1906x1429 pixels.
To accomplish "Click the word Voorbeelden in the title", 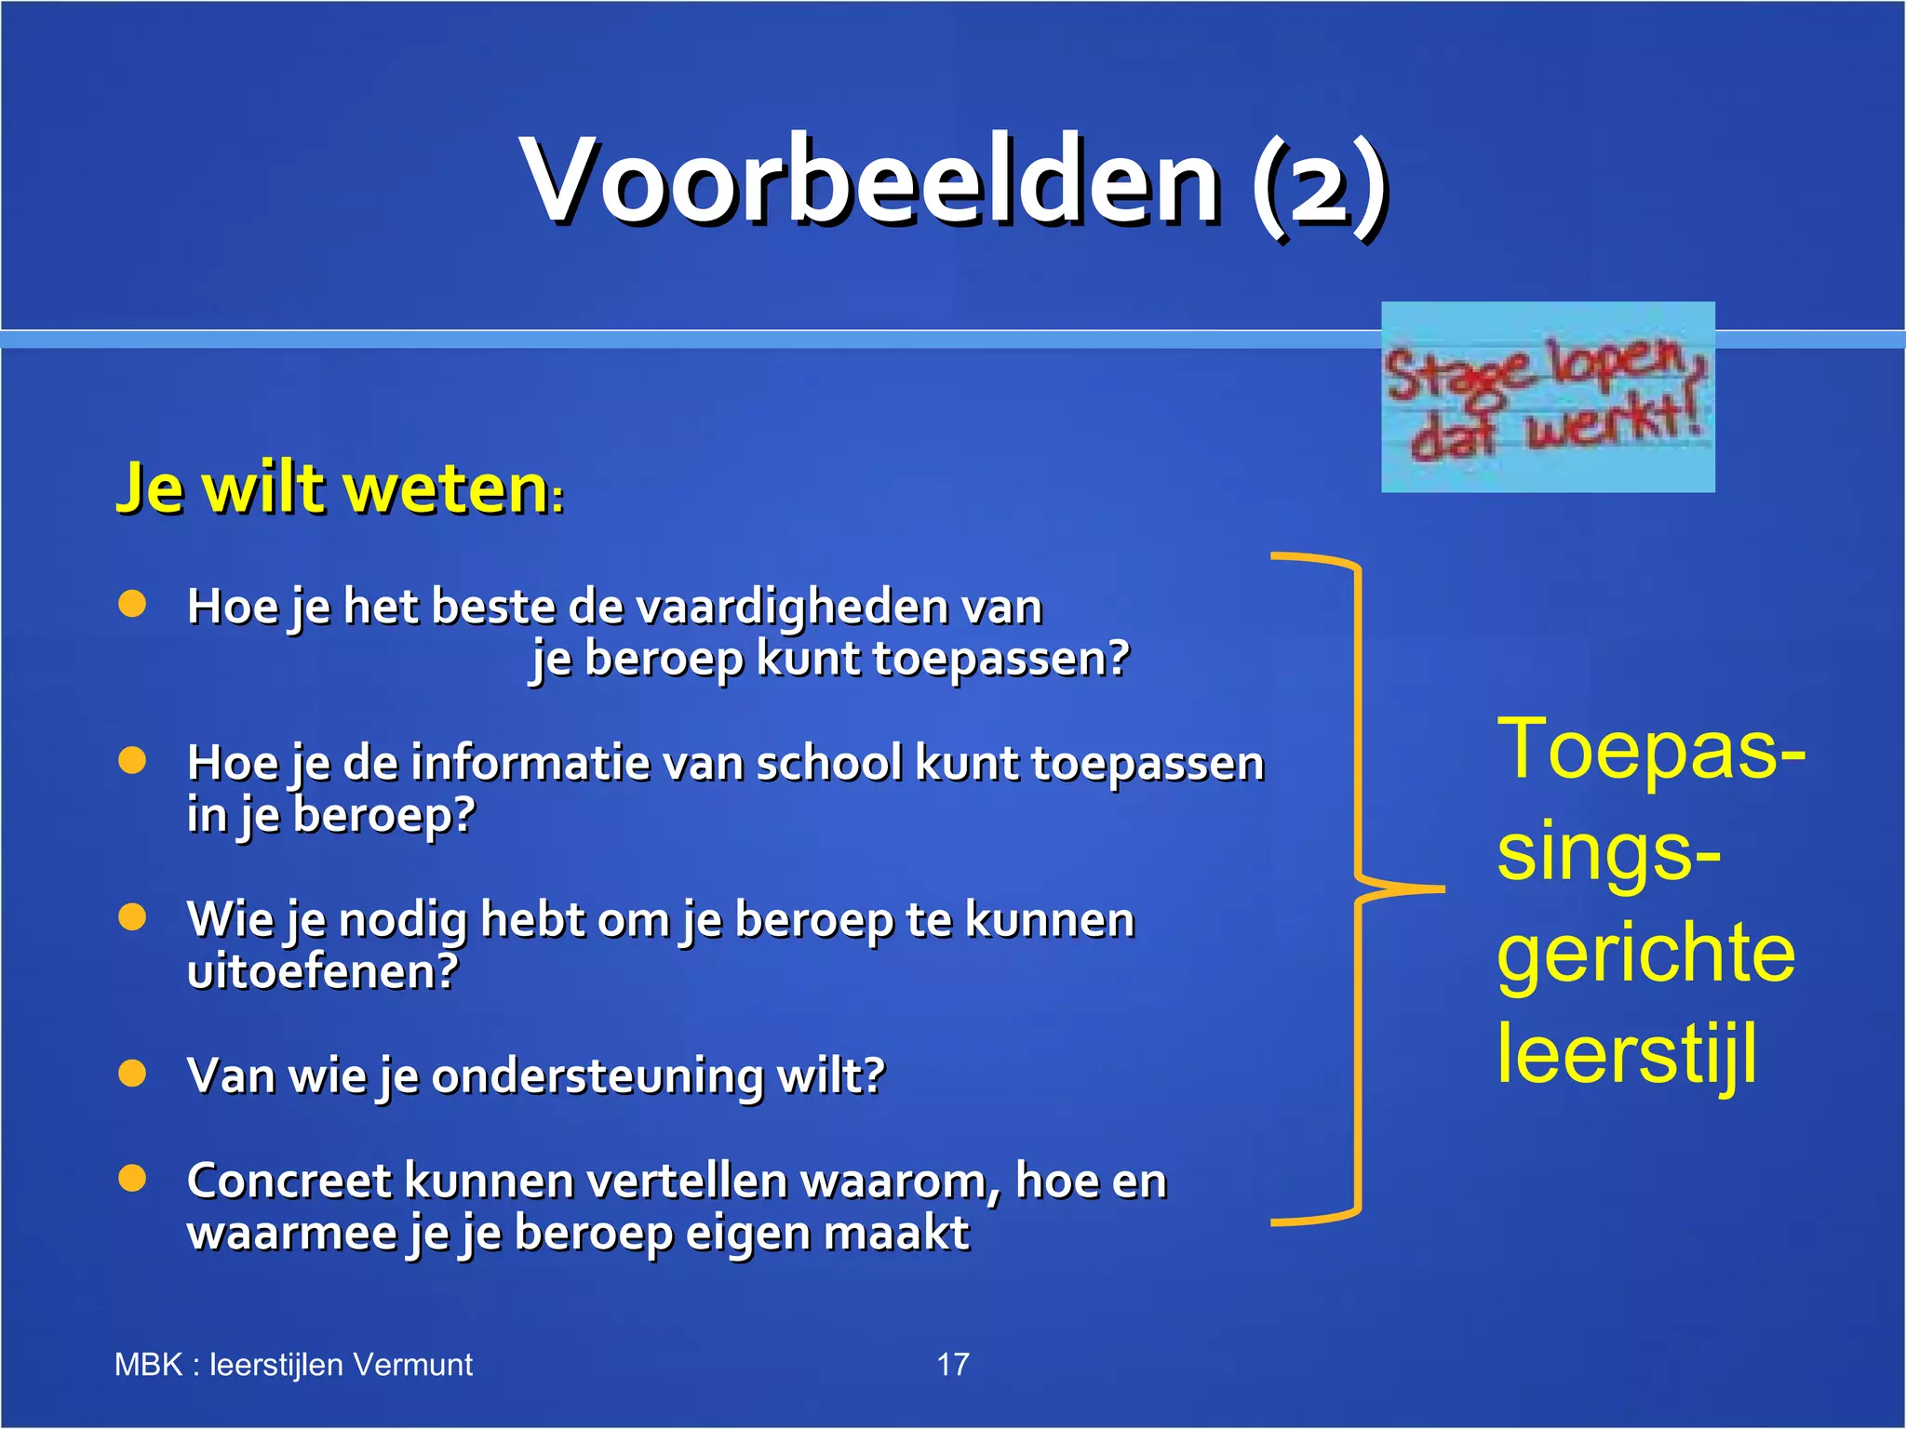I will point(870,181).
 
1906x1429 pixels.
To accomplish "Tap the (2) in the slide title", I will point(1319,184).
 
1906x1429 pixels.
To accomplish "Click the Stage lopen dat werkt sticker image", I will point(1547,397).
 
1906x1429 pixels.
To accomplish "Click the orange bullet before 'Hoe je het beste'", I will point(132,605).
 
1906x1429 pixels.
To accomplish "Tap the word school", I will point(828,764).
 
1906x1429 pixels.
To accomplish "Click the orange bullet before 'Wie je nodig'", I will point(132,917).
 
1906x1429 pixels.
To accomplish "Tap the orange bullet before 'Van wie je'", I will point(132,1074).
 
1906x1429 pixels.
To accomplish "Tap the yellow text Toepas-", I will point(1650,750).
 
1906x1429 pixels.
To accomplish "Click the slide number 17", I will point(952,1365).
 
